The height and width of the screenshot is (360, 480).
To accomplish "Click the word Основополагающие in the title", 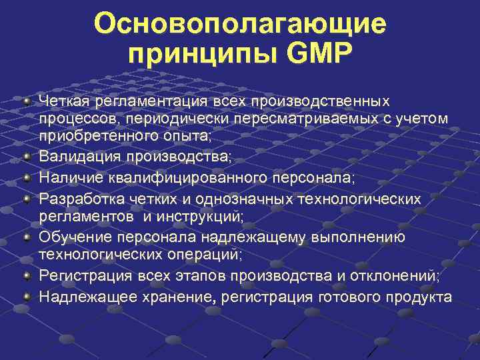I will [240, 25].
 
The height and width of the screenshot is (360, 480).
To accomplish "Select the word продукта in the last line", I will [423, 296].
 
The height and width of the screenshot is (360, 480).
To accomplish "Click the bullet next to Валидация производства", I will [26, 158].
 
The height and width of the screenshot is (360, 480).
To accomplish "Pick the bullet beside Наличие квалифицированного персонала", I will [26, 178].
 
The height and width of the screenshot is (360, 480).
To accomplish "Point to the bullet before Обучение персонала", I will [26, 237].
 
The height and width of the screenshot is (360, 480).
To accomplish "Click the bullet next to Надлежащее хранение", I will [26, 295].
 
